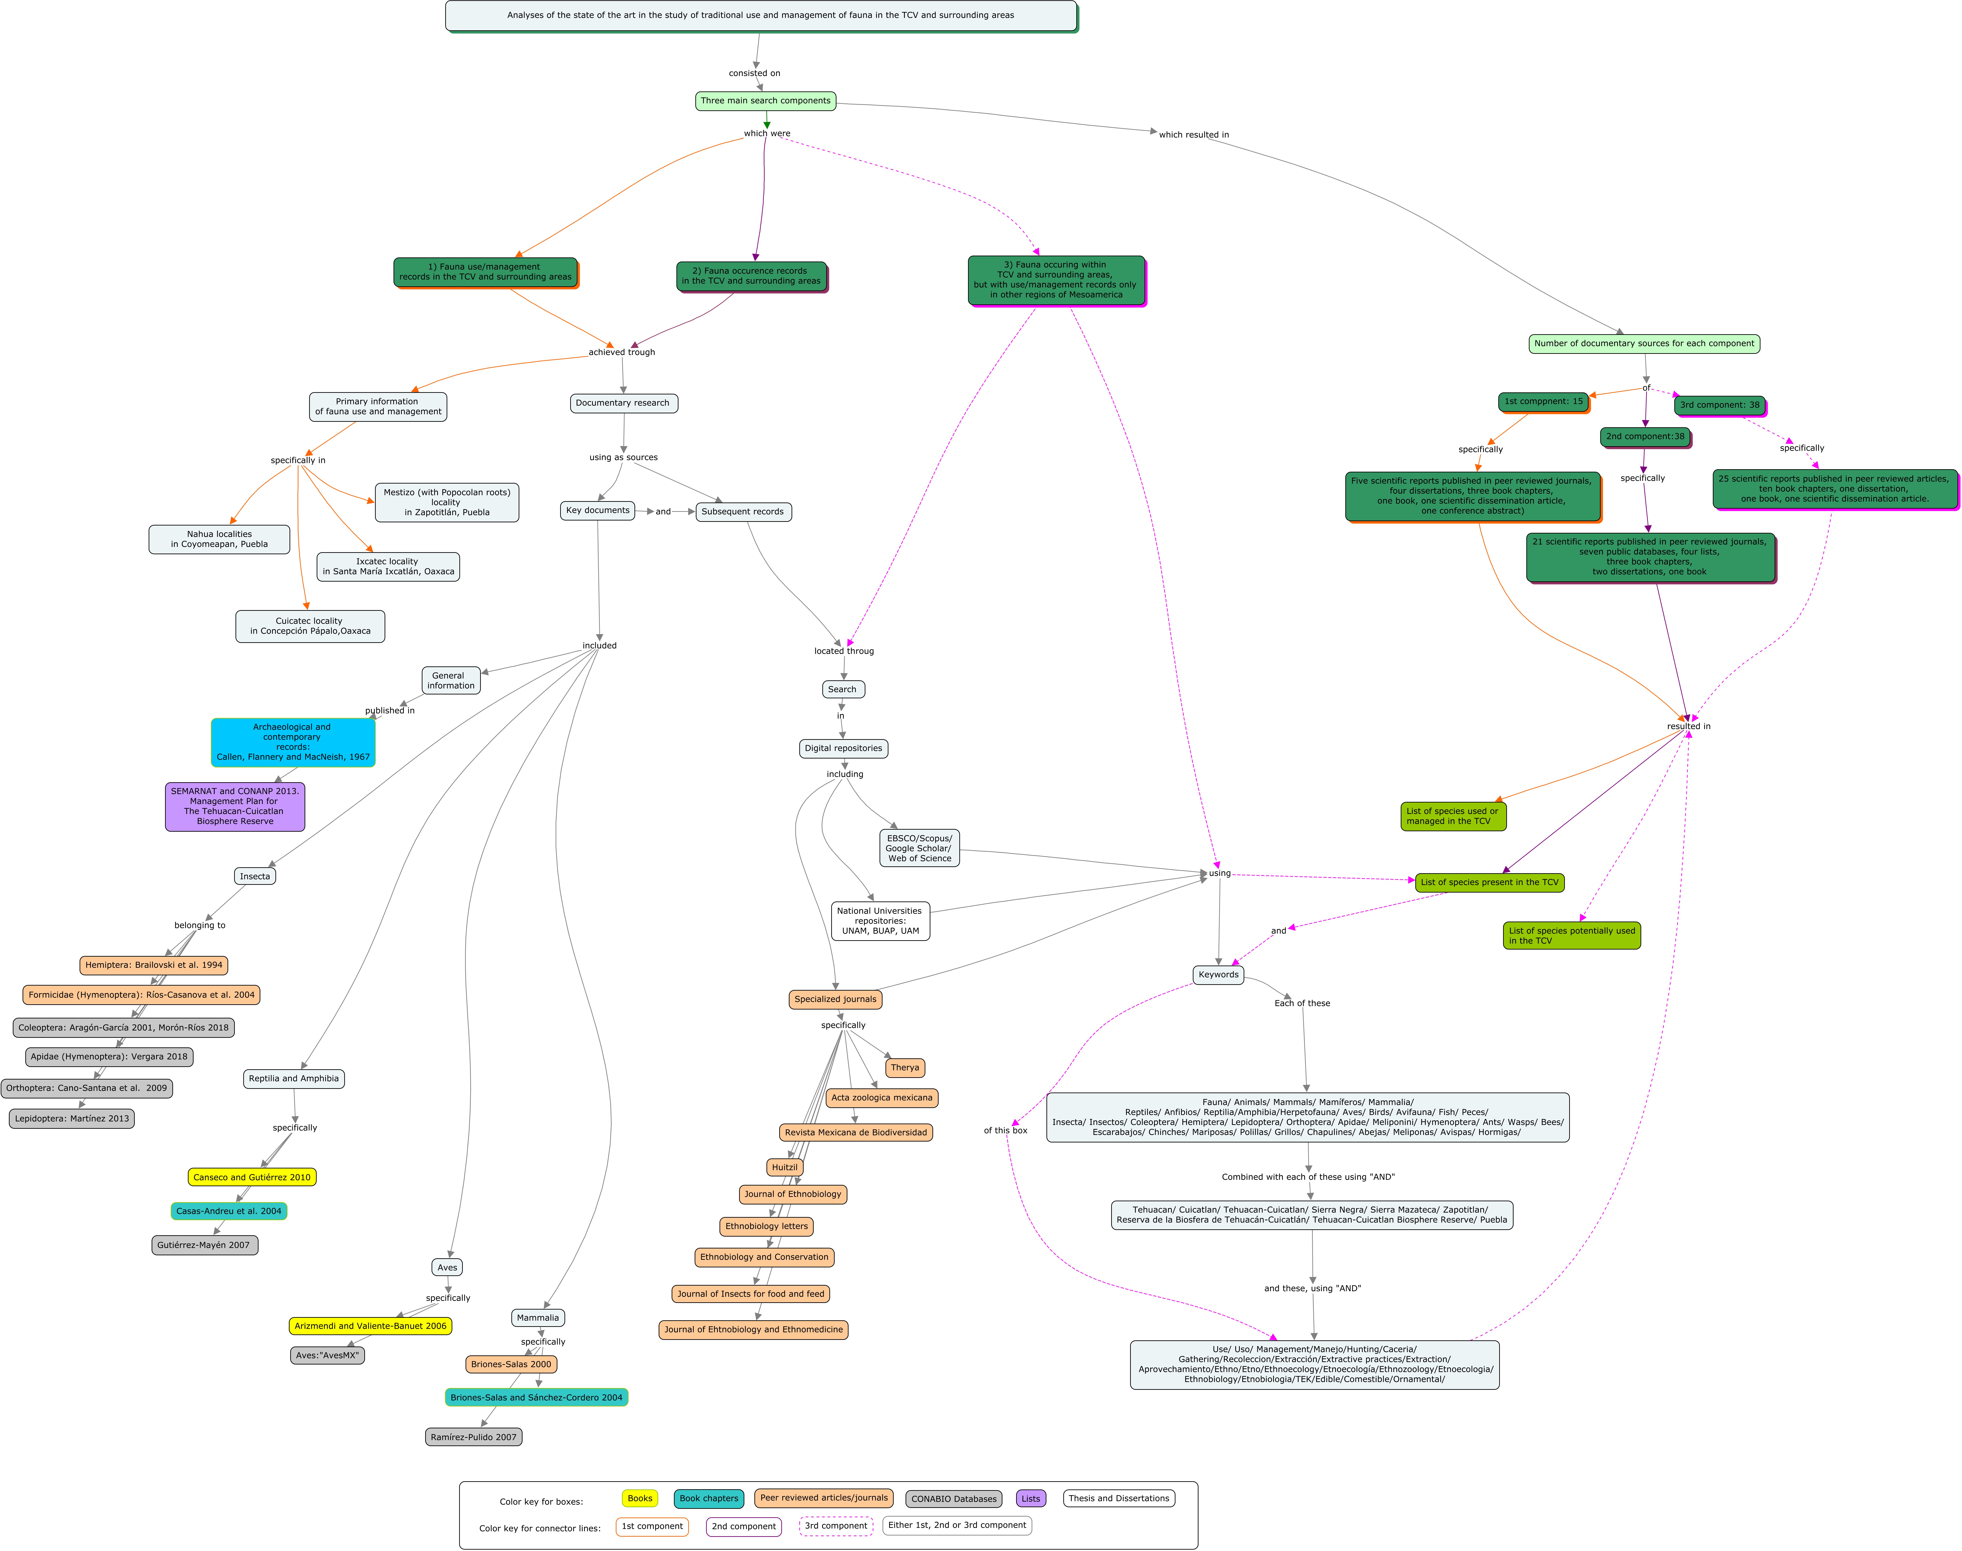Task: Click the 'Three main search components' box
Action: [765, 101]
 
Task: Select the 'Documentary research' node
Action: [623, 403]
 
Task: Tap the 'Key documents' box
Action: [597, 510]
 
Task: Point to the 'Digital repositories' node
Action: [844, 748]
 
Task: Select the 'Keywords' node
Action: [1218, 974]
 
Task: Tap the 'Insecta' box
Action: [255, 876]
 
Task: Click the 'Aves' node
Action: [448, 1268]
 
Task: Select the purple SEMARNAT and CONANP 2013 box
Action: [235, 806]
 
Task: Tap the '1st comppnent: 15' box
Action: [1543, 401]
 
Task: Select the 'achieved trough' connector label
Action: [622, 352]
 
